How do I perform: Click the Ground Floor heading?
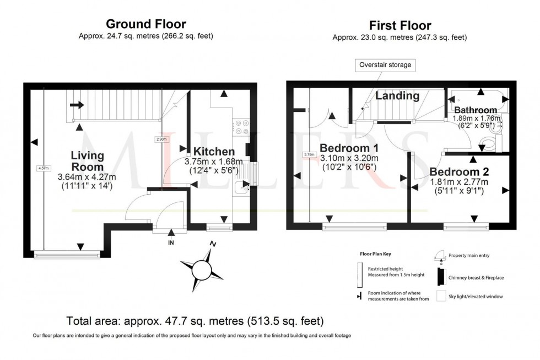click(145, 24)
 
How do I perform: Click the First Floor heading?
click(399, 25)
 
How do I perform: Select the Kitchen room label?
click(214, 152)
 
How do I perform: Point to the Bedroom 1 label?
click(348, 148)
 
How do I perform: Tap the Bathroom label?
click(476, 110)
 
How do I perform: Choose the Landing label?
click(397, 96)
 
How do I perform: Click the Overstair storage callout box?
click(385, 65)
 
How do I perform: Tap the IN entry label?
click(171, 241)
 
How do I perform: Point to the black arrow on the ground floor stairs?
click(77, 104)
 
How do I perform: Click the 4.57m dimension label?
click(43, 168)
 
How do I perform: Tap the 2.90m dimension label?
click(160, 139)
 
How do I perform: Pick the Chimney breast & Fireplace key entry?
click(476, 277)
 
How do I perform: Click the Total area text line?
click(195, 321)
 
